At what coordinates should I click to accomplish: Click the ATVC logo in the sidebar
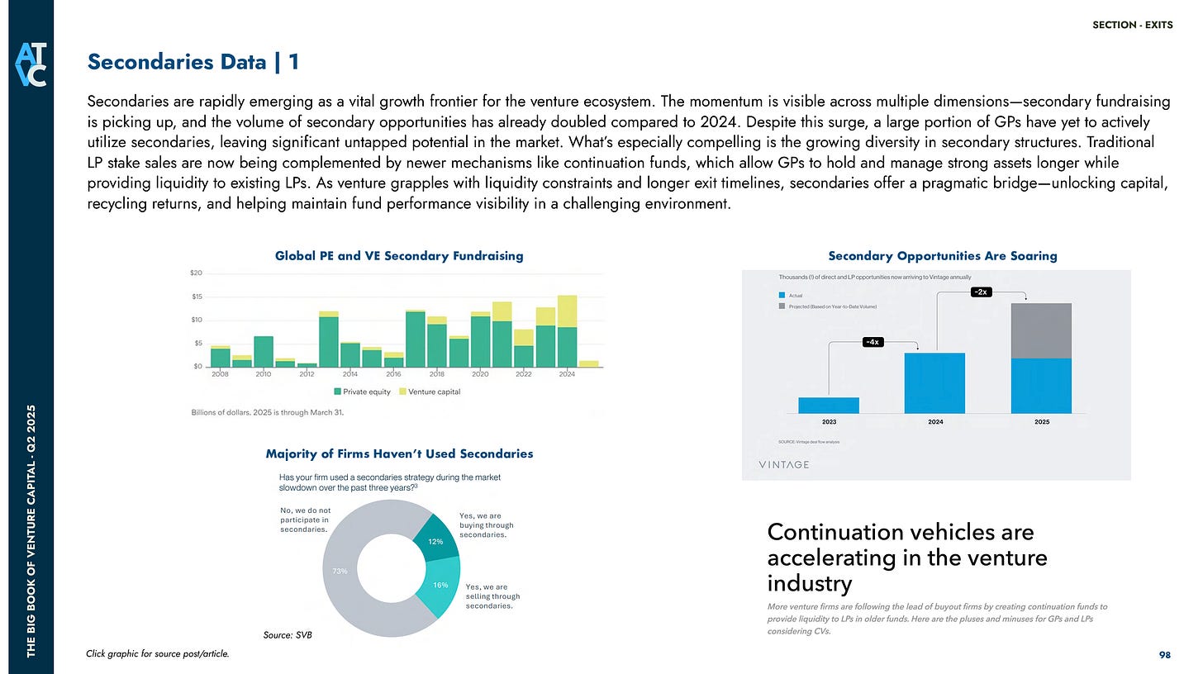click(x=26, y=63)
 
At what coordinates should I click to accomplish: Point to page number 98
click(x=1165, y=654)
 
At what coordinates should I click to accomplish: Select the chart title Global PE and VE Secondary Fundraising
click(x=399, y=256)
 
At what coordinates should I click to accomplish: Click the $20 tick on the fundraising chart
click(x=197, y=273)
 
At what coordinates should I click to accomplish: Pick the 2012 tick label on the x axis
click(x=307, y=374)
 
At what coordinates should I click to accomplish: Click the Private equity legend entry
click(x=363, y=392)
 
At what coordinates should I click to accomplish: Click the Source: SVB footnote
click(x=283, y=634)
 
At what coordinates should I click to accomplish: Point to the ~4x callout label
click(x=872, y=342)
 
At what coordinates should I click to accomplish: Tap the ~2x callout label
click(x=982, y=292)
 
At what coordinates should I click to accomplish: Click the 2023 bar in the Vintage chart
click(x=828, y=405)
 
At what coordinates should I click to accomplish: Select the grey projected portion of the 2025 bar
click(x=1040, y=330)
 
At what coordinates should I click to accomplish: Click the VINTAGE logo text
click(x=783, y=464)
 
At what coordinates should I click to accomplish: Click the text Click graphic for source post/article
click(x=157, y=653)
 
